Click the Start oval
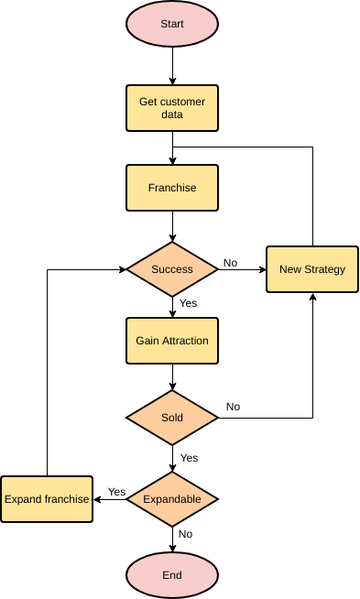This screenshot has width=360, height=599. pyautogui.click(x=172, y=23)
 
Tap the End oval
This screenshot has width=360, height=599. pyautogui.click(x=172, y=575)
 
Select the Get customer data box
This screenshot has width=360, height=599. pyautogui.click(x=172, y=108)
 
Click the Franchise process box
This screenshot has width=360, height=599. pyautogui.click(x=172, y=188)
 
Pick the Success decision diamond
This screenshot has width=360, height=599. pyautogui.click(x=172, y=269)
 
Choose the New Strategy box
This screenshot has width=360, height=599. pyautogui.click(x=312, y=269)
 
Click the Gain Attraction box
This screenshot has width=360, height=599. pyautogui.click(x=172, y=341)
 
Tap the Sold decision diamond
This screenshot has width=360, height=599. pyautogui.click(x=172, y=418)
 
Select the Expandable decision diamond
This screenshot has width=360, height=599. pyautogui.click(x=172, y=499)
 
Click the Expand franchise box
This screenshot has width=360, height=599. pyautogui.click(x=47, y=499)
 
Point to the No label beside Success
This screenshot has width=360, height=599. pyautogui.click(x=230, y=263)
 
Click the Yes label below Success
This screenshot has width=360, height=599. pyautogui.click(x=188, y=303)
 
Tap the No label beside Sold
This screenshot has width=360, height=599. pyautogui.click(x=234, y=407)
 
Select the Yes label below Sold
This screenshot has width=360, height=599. pyautogui.click(x=189, y=458)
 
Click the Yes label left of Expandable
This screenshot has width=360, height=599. pyautogui.click(x=116, y=492)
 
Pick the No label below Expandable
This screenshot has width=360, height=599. pyautogui.click(x=186, y=534)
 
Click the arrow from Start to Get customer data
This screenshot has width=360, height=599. pyautogui.click(x=172, y=66)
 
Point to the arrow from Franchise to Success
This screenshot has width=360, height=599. pyautogui.click(x=172, y=227)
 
